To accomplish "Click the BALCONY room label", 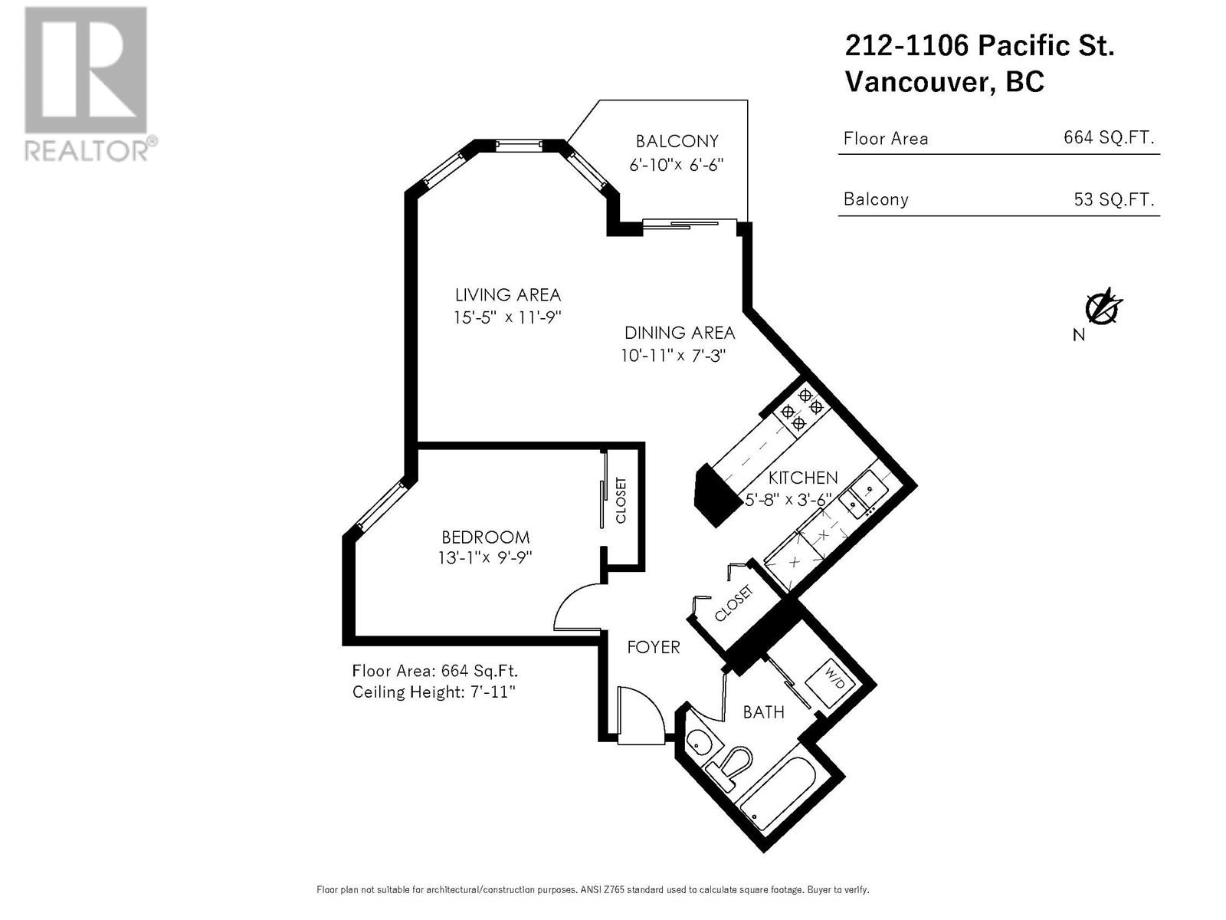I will point(677,142).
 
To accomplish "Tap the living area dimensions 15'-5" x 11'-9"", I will point(508,317).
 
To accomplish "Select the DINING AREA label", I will point(680,333).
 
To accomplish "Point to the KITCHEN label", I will point(803,478).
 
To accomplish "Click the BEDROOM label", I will point(485,537).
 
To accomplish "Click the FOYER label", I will point(654,647).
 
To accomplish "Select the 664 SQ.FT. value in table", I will point(1108,138).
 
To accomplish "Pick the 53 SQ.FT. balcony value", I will point(1113,199).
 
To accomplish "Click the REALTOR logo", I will point(86,84).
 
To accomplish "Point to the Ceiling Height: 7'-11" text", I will point(434,692).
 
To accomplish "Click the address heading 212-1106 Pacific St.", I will point(979,46).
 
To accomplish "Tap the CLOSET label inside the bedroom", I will point(621,501).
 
